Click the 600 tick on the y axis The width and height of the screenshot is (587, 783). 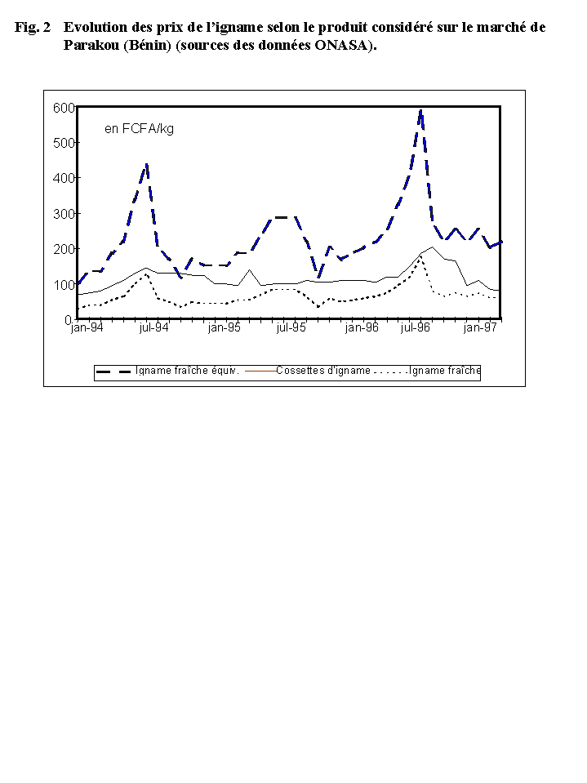[64, 107]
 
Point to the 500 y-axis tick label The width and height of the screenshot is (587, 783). [64, 143]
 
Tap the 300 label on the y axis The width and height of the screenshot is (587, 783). [64, 214]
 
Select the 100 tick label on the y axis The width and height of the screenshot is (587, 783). [64, 285]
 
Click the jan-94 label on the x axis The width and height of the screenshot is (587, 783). [86, 328]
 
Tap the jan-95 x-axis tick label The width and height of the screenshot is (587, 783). [224, 328]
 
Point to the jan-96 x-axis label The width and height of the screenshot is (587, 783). [362, 328]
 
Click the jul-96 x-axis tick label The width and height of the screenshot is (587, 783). [414, 328]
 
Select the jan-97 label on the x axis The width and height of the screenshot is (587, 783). [480, 328]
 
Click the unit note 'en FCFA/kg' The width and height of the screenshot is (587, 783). [139, 128]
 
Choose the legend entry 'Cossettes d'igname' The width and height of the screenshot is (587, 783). [323, 371]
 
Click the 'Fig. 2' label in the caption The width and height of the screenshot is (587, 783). [33, 28]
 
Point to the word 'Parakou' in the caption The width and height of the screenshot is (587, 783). [90, 46]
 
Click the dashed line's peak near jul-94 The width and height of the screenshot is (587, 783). [146, 165]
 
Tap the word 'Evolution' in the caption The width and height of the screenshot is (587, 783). [96, 28]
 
